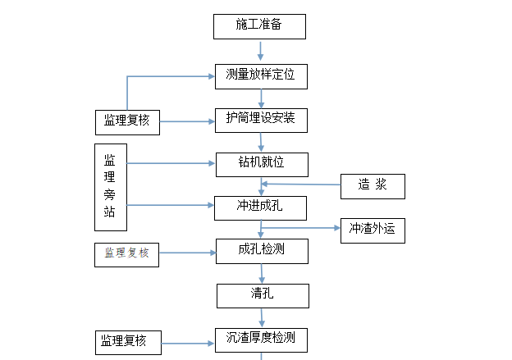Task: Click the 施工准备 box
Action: [x=259, y=26]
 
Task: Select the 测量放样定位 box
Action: [x=261, y=77]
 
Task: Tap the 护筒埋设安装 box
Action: [x=261, y=121]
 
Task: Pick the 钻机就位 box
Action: [x=261, y=164]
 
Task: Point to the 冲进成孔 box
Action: [x=260, y=208]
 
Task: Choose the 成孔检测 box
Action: [x=262, y=251]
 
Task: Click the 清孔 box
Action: [x=263, y=295]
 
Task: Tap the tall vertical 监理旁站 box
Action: [x=110, y=186]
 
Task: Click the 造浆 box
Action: [x=373, y=186]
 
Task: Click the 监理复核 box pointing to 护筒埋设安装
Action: [x=127, y=122]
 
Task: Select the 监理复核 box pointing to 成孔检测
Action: [x=127, y=253]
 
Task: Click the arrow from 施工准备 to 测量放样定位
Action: [x=260, y=51]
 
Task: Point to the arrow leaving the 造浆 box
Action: [x=300, y=185]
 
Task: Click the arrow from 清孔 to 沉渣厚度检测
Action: [x=262, y=317]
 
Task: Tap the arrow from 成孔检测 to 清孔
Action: [x=262, y=274]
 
